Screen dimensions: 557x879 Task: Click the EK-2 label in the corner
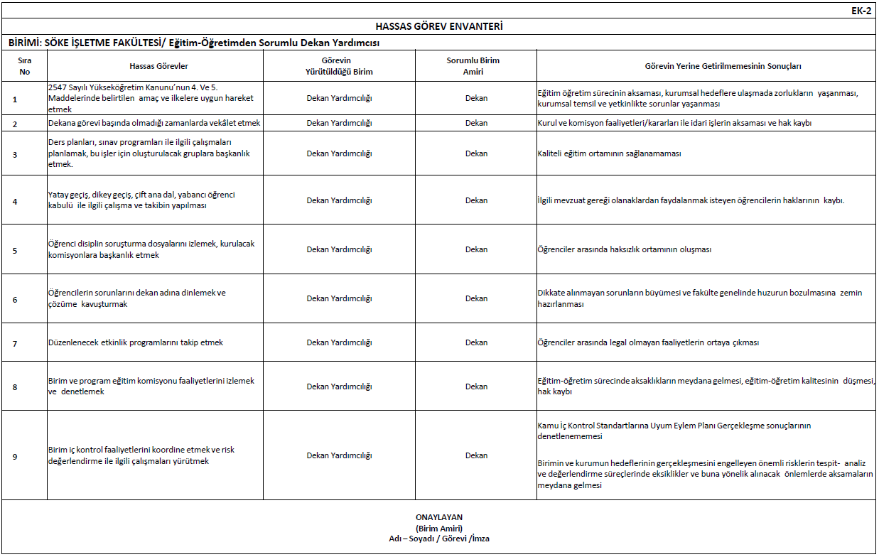pyautogui.click(x=861, y=11)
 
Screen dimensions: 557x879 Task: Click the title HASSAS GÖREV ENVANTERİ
pyautogui.click(x=438, y=27)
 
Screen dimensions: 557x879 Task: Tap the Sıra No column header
pyautogui.click(x=25, y=66)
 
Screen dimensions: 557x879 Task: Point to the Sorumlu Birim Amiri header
pyautogui.click(x=475, y=66)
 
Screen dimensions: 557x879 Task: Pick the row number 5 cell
pyautogui.click(x=15, y=250)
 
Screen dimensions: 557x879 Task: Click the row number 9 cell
pyautogui.click(x=15, y=456)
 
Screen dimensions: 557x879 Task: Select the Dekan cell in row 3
pyautogui.click(x=476, y=153)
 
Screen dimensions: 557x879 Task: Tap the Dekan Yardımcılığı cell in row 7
pyautogui.click(x=339, y=342)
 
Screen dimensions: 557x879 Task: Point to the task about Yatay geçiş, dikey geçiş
pyautogui.click(x=142, y=200)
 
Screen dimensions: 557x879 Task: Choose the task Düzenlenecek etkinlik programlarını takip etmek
pyautogui.click(x=136, y=342)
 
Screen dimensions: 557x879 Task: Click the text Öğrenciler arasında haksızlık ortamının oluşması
pyautogui.click(x=625, y=249)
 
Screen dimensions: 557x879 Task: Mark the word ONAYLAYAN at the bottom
pyautogui.click(x=438, y=517)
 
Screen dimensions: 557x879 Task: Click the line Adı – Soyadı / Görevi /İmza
pyautogui.click(x=438, y=539)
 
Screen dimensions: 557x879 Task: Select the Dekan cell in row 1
pyautogui.click(x=476, y=98)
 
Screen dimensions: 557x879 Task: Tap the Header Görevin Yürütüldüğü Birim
pyautogui.click(x=339, y=66)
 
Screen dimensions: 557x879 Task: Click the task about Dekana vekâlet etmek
pyautogui.click(x=154, y=123)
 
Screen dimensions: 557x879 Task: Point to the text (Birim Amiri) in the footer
pyautogui.click(x=438, y=528)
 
